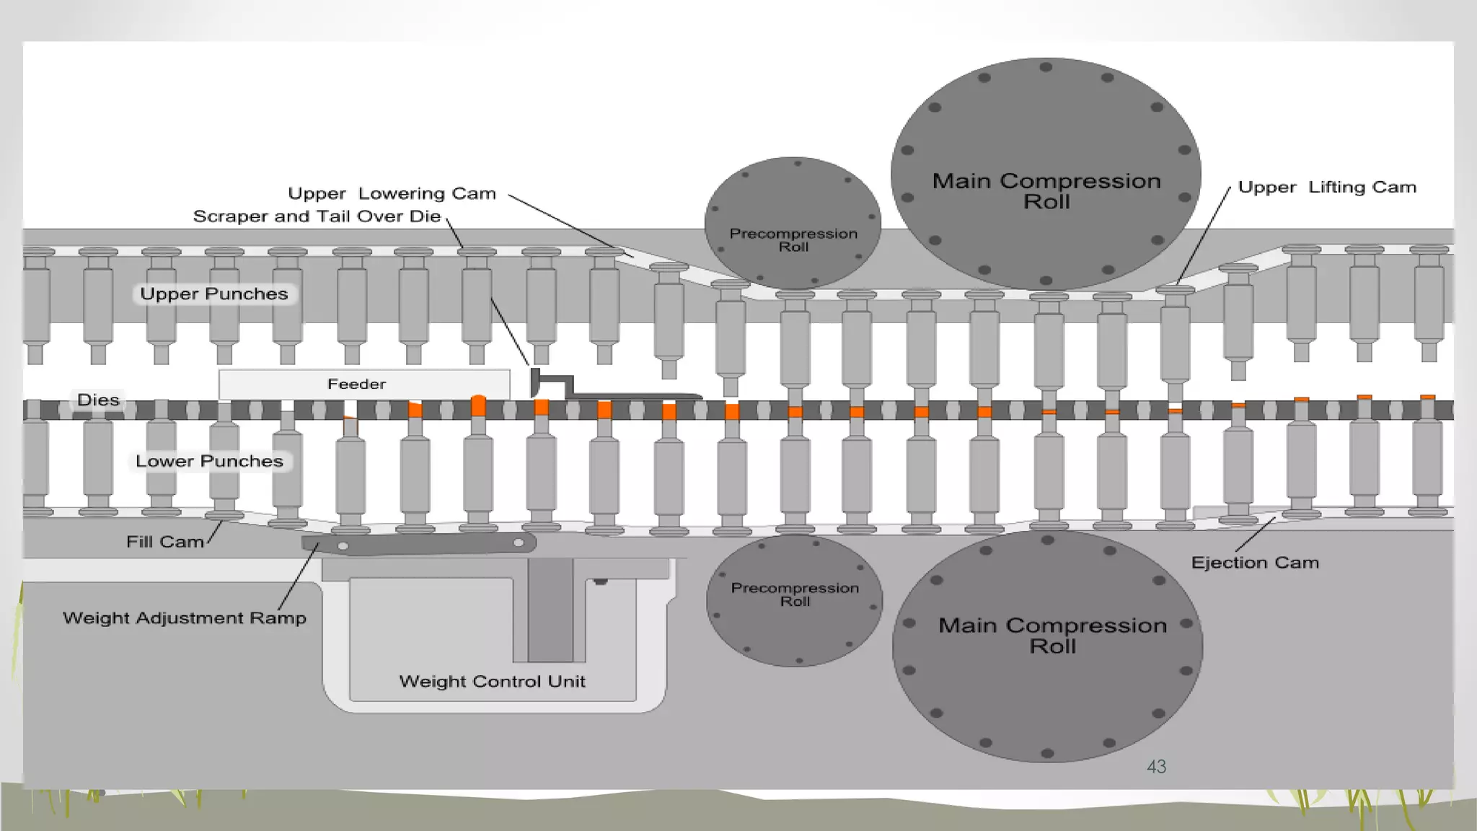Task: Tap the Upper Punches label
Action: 214,294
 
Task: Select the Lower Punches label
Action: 210,461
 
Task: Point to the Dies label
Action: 98,400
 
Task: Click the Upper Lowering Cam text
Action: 392,193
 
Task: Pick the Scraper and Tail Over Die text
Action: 317,216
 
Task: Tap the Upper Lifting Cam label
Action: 1327,187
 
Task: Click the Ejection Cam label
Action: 1255,563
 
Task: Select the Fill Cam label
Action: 165,542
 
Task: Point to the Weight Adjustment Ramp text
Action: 185,618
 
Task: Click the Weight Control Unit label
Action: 492,681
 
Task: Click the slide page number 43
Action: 1156,767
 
